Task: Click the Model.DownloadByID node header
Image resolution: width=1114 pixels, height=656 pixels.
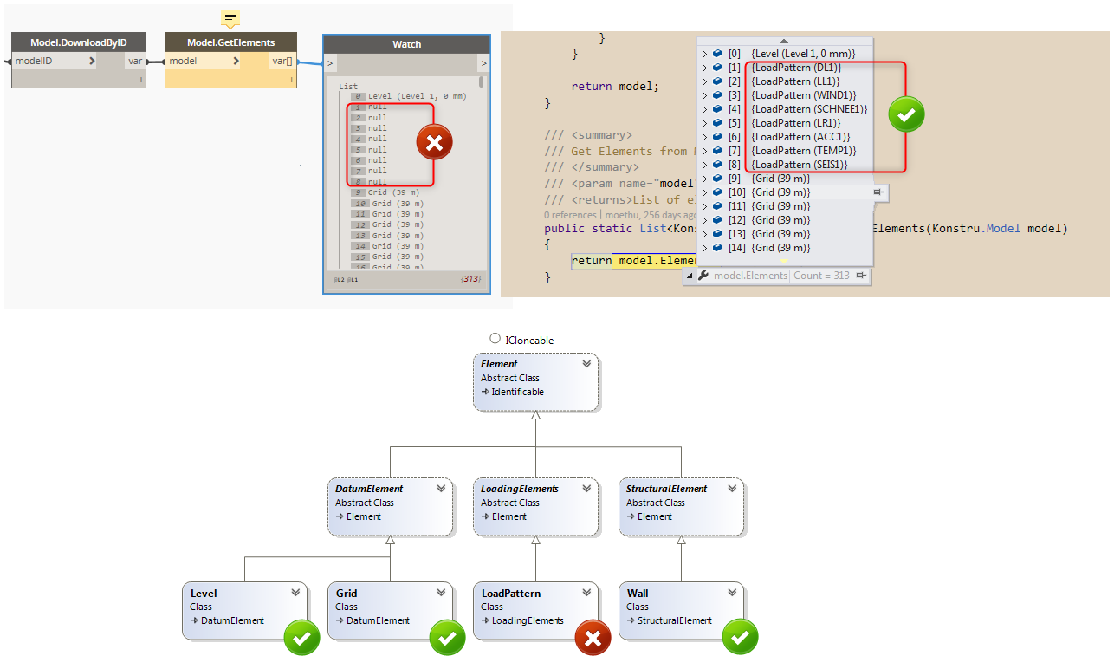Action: click(79, 42)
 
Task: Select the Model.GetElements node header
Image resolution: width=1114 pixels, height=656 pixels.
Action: click(230, 42)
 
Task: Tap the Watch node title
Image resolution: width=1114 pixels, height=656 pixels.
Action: click(406, 44)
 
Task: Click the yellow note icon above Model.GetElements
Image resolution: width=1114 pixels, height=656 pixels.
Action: click(230, 18)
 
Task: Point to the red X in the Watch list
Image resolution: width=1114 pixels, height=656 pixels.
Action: click(434, 143)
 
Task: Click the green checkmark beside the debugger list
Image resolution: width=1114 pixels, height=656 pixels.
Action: click(906, 114)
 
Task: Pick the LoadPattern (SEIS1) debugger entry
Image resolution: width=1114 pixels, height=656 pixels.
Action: click(799, 165)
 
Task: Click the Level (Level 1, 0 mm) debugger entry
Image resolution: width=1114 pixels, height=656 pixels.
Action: click(802, 54)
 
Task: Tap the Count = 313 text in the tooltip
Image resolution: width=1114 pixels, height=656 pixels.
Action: click(821, 276)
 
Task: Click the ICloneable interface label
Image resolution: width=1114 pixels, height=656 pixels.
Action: click(529, 341)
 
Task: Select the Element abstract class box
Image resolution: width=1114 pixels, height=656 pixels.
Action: click(535, 380)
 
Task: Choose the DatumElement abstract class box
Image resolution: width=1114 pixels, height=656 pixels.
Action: click(390, 505)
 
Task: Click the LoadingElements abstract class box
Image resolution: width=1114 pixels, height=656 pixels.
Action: click(535, 505)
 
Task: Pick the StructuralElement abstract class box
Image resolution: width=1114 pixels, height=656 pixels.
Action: click(681, 505)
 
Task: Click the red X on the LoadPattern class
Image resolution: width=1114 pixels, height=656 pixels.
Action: click(593, 639)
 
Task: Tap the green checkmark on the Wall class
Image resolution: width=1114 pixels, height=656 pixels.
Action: click(739, 639)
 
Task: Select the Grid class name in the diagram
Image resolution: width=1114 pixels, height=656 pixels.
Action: click(347, 594)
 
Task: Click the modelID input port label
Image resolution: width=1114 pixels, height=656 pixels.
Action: click(34, 61)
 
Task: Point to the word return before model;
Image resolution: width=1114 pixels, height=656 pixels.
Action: click(591, 87)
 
